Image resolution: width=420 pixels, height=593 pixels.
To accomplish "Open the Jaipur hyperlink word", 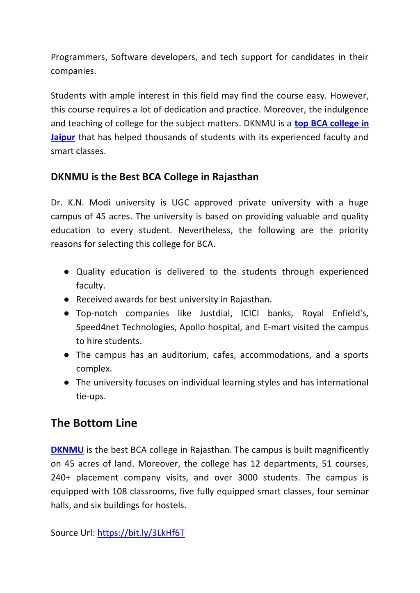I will [x=63, y=137].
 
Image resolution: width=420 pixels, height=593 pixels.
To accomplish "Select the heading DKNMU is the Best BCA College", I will [x=155, y=177].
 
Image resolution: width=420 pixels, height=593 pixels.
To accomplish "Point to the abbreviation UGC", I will [x=180, y=203].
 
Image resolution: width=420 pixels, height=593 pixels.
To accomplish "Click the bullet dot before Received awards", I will [x=66, y=300].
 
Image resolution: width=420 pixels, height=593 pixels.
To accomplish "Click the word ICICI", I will [x=250, y=314].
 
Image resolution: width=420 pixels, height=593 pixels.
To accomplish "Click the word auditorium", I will [x=185, y=355].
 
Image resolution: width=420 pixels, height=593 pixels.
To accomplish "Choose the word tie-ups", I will [x=91, y=397].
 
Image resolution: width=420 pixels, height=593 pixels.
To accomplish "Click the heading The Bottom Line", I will [x=94, y=423].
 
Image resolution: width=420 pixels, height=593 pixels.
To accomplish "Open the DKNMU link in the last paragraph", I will [x=67, y=450].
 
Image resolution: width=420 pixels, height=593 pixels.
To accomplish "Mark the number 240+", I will [x=61, y=478].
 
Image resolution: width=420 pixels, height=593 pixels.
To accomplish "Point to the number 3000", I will [x=247, y=478].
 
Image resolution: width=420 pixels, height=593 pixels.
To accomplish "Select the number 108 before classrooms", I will [x=120, y=492].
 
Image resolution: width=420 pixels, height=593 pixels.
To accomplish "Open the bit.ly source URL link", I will [x=141, y=533].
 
